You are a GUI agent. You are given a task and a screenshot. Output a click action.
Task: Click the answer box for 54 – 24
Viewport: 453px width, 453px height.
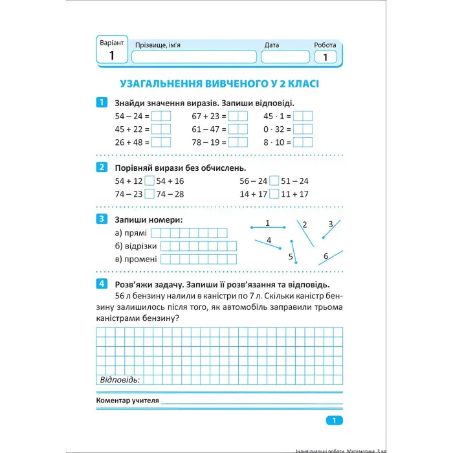(x=161, y=116)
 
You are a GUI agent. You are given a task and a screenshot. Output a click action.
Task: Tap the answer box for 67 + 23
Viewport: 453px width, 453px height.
(x=238, y=116)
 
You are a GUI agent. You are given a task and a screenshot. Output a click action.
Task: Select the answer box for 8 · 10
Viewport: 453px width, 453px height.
(x=302, y=142)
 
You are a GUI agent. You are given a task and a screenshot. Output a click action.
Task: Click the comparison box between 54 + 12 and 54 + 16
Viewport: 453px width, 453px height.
(x=149, y=181)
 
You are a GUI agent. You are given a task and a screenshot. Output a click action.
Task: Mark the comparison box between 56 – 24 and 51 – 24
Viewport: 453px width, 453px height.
(x=274, y=181)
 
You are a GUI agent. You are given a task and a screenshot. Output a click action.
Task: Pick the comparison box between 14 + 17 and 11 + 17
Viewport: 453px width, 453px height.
(x=274, y=193)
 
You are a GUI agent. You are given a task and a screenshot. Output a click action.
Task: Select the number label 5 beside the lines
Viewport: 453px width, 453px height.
(x=291, y=257)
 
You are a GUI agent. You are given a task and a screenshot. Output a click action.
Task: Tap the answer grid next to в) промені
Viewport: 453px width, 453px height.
(x=198, y=260)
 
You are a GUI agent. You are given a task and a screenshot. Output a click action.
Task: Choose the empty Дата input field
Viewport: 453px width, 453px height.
(x=285, y=57)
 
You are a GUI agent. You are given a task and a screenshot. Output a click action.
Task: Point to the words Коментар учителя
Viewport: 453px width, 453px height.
(x=127, y=401)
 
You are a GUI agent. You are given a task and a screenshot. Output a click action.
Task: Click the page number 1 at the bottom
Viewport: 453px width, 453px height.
(x=334, y=421)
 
